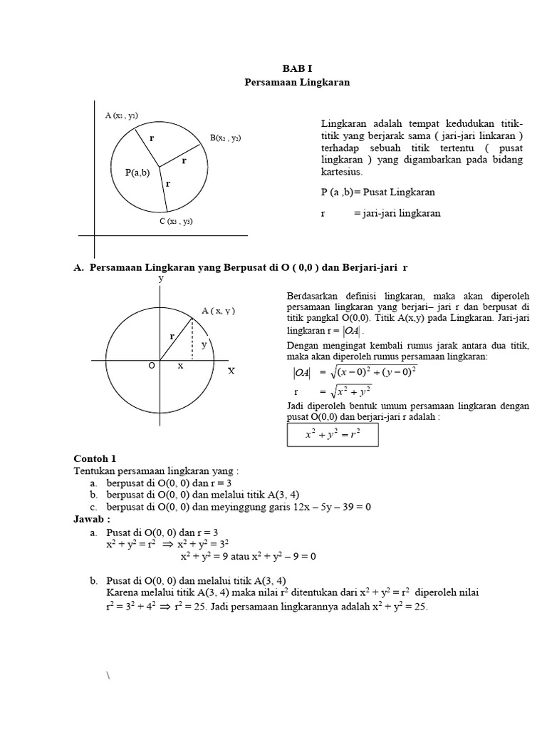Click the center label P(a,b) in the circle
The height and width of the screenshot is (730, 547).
(137, 172)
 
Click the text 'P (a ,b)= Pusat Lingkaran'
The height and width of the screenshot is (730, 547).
(378, 192)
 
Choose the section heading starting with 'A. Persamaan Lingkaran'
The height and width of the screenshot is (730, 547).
(241, 267)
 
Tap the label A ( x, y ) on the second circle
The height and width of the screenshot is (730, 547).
(218, 311)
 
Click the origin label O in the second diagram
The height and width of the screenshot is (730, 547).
(151, 366)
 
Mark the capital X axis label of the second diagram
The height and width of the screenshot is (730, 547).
(231, 371)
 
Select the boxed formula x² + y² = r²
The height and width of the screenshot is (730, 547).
(333, 433)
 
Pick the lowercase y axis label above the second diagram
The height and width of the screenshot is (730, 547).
(161, 279)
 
